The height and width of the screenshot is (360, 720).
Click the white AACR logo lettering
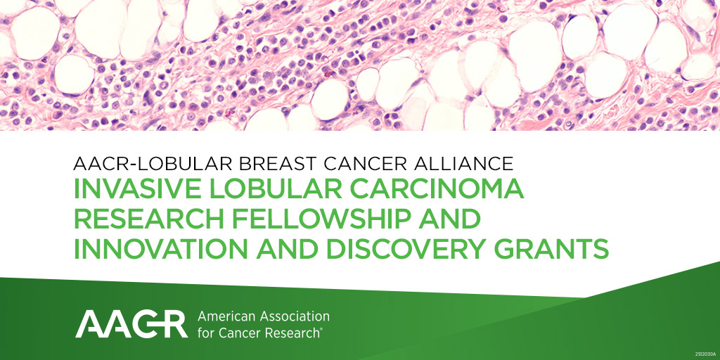(x=131, y=323)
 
